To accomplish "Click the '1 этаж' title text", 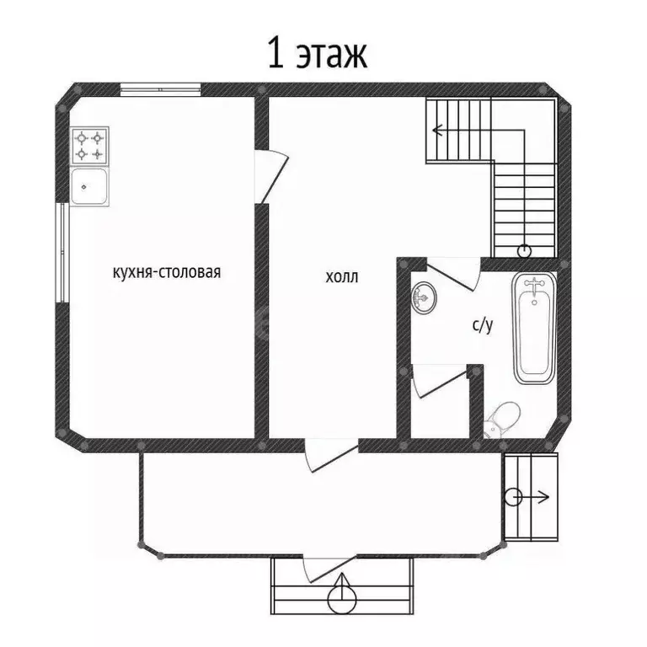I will [x=317, y=55].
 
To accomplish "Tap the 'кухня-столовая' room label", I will [x=166, y=272].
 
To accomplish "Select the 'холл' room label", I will [x=341, y=276].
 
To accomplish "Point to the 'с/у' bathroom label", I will [x=481, y=325].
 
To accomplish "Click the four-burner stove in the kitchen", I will [x=89, y=145].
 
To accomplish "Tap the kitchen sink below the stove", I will [x=89, y=186].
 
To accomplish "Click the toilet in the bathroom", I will [x=502, y=419].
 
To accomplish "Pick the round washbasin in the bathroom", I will [x=425, y=297].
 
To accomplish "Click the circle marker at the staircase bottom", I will [x=525, y=250].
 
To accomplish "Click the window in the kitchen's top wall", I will [x=160, y=88].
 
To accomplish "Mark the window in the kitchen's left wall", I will [x=61, y=252].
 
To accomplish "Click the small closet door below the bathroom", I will [x=439, y=379].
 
